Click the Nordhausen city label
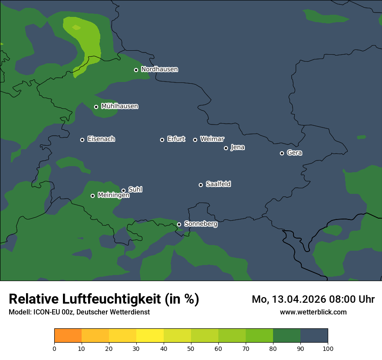(159, 69)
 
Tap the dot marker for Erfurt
(162, 140)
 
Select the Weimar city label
(212, 139)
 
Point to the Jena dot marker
(226, 148)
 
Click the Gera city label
(294, 153)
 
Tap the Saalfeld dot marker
(201, 185)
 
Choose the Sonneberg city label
(201, 224)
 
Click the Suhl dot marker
(123, 190)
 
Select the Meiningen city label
(113, 196)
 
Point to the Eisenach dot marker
(82, 140)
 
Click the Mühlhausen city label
(119, 106)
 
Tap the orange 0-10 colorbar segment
(68, 336)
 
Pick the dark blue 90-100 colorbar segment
(314, 336)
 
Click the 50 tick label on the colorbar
(191, 349)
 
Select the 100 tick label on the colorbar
(328, 349)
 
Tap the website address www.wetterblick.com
(313, 312)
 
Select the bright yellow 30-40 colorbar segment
(150, 336)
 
